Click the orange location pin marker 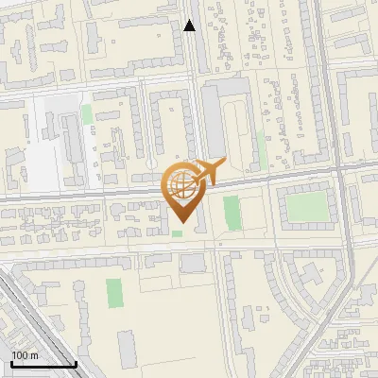182,190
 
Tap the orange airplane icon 205,172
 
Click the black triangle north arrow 190,26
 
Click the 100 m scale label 25,355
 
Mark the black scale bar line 43,365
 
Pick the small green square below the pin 178,233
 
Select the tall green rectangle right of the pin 232,213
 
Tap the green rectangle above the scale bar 114,293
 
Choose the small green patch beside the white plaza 87,115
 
